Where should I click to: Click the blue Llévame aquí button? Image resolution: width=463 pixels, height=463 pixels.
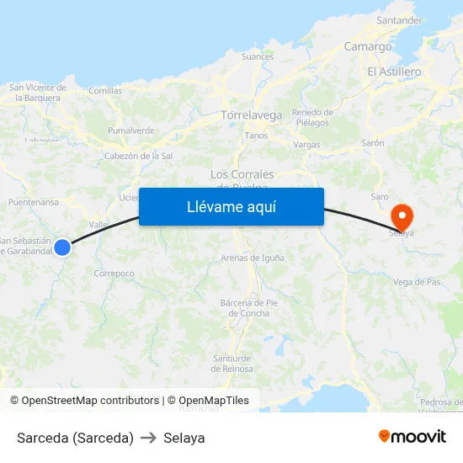(x=231, y=206)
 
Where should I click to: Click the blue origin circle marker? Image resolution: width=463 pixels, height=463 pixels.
(x=62, y=247)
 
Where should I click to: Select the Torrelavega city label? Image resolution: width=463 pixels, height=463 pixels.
(x=251, y=114)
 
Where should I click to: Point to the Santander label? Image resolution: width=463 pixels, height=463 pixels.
(x=400, y=20)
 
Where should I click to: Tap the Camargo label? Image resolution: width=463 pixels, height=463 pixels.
(x=368, y=47)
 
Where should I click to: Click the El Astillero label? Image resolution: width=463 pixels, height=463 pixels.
(x=394, y=72)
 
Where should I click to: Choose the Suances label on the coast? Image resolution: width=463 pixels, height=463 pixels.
(x=258, y=57)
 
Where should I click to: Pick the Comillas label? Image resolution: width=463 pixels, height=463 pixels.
(x=105, y=91)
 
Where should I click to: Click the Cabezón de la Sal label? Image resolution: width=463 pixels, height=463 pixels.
(x=138, y=156)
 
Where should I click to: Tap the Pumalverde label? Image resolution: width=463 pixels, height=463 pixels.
(x=130, y=130)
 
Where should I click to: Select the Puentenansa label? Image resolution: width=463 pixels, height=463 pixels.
(x=34, y=203)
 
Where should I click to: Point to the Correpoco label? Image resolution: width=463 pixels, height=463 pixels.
(x=114, y=274)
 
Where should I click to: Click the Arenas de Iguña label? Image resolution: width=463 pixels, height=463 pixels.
(x=252, y=258)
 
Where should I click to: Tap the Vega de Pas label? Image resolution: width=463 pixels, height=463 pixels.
(x=417, y=282)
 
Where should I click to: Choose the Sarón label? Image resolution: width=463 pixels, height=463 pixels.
(x=373, y=143)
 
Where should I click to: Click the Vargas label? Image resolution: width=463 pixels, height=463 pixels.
(x=306, y=145)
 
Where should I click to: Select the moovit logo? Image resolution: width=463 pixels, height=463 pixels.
(x=412, y=437)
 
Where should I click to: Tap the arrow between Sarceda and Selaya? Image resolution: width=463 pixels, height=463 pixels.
(x=149, y=438)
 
